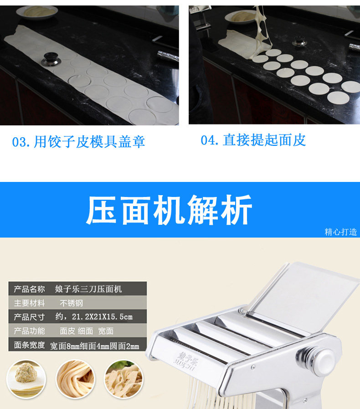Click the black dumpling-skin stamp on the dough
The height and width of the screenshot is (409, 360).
51,59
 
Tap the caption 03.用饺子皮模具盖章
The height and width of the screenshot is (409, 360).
78,142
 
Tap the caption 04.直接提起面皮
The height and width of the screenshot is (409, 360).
253,140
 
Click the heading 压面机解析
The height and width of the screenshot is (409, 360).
169,210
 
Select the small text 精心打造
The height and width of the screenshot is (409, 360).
341,232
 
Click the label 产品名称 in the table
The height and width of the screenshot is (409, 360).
29,289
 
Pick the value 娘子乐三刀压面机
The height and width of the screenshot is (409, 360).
88,289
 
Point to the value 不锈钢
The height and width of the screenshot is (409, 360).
72,303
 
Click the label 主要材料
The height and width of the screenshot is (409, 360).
29,303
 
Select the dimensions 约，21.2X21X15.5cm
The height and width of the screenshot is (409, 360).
94,317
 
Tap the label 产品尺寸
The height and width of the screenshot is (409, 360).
29,317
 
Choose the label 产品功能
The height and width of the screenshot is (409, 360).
29,331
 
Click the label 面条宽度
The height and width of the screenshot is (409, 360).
29,345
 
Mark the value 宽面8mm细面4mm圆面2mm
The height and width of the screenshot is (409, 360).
95,346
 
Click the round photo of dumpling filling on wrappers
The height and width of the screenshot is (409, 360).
26,379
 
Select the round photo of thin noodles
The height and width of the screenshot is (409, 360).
75,379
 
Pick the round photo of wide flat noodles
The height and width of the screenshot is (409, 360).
124,379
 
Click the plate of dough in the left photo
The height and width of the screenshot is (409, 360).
36,12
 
